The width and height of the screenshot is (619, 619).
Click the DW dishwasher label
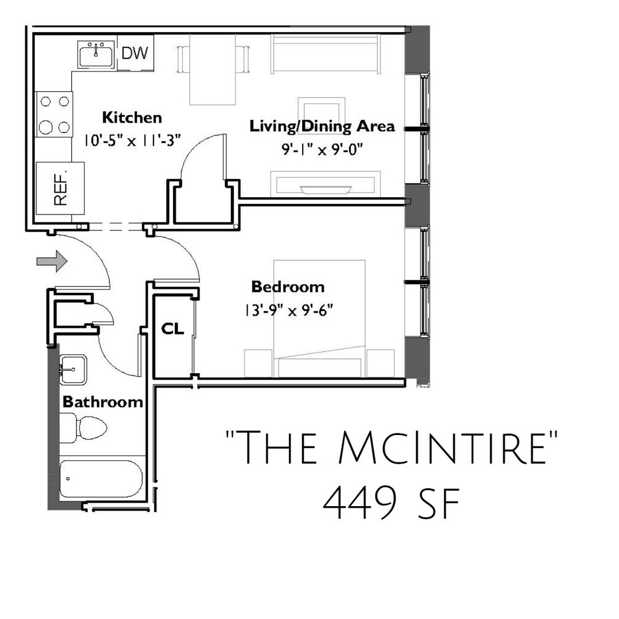click(135, 53)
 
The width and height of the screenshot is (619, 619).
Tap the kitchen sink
click(96, 54)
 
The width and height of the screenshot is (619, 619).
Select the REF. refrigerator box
click(60, 189)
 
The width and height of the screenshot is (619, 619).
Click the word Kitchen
click(132, 117)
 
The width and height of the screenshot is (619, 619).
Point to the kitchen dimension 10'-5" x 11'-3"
click(132, 140)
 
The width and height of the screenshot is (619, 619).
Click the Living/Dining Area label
click(322, 126)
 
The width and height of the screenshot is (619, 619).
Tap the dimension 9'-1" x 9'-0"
click(322, 150)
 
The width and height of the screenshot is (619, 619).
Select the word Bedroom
click(288, 287)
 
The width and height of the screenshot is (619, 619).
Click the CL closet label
click(173, 328)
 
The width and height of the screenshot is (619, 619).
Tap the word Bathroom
click(103, 402)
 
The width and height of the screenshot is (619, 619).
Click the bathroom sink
click(73, 370)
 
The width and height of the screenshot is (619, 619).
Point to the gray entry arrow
click(52, 261)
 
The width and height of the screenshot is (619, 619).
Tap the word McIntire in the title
click(442, 448)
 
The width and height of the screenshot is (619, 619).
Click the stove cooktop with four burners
click(54, 114)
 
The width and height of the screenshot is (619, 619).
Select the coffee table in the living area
click(322, 112)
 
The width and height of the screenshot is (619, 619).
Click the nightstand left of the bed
click(258, 363)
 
